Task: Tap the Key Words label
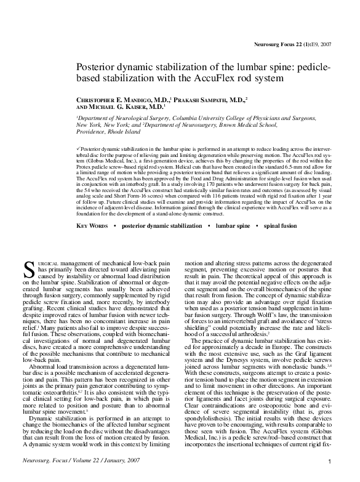tap(92, 226)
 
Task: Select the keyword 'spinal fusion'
tap(281, 226)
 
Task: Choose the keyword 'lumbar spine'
tap(233, 226)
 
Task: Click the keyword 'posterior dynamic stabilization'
tap(161, 226)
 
